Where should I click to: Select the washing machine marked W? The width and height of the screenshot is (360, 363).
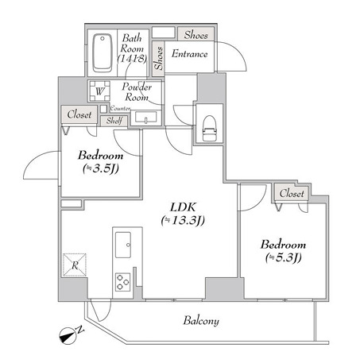point(99,91)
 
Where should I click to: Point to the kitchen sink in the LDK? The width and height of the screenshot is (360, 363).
point(125,243)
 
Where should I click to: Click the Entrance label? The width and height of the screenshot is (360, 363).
point(191,54)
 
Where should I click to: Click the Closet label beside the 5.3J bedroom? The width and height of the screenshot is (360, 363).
point(292,193)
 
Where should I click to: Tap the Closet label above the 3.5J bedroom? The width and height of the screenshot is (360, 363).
point(79,114)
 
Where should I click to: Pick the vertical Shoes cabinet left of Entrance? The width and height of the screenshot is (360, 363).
point(159,57)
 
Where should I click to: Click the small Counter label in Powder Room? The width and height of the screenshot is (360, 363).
point(120,108)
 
